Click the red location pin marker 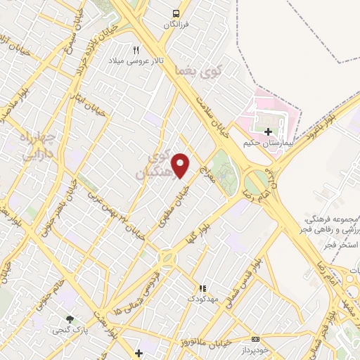pyautogui.click(x=181, y=165)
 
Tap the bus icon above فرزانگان pyautogui.click(x=176, y=13)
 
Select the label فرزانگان pyautogui.click(x=176, y=25)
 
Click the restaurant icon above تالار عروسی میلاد pyautogui.click(x=136, y=50)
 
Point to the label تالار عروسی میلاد pyautogui.click(x=136, y=61)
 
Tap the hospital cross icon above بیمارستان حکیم pyautogui.click(x=268, y=131)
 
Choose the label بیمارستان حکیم pyautogui.click(x=266, y=143)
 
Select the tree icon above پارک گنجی pyautogui.click(x=69, y=319)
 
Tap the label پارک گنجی pyautogui.click(x=69, y=330)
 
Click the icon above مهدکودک pyautogui.click(x=202, y=288)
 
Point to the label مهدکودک pyautogui.click(x=203, y=300)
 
